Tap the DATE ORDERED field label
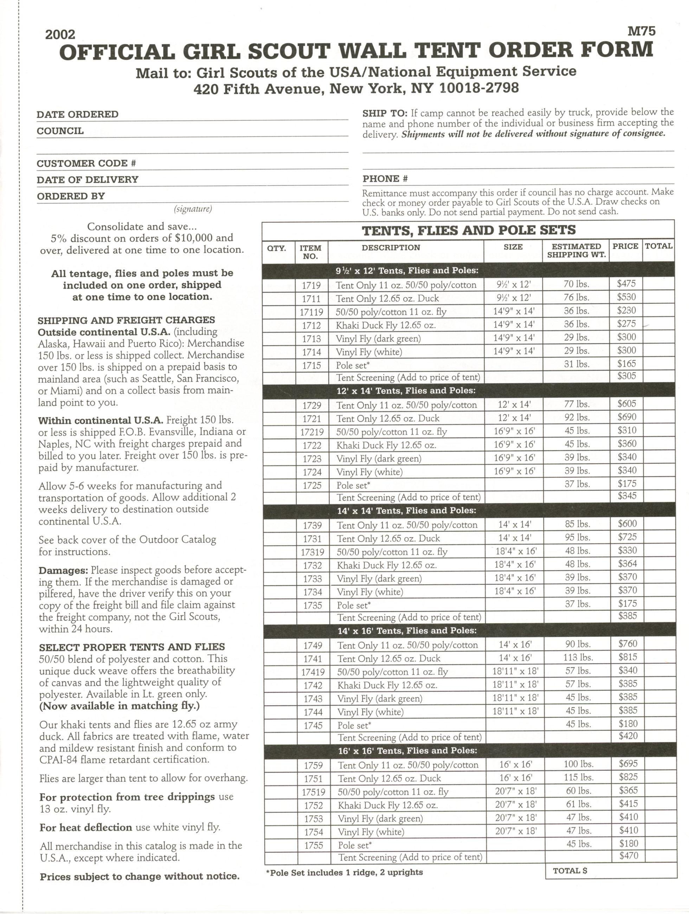[x=78, y=114]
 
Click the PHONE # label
[x=385, y=179]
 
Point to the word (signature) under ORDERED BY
[x=193, y=209]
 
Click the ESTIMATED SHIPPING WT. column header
[x=576, y=251]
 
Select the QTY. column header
[x=277, y=248]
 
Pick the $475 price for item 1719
[x=626, y=284]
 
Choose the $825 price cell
[x=628, y=777]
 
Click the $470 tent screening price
[x=629, y=856]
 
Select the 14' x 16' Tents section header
[x=407, y=630]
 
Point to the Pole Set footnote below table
[x=344, y=872]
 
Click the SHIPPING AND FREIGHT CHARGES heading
[x=126, y=320]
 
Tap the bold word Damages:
[x=63, y=570]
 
